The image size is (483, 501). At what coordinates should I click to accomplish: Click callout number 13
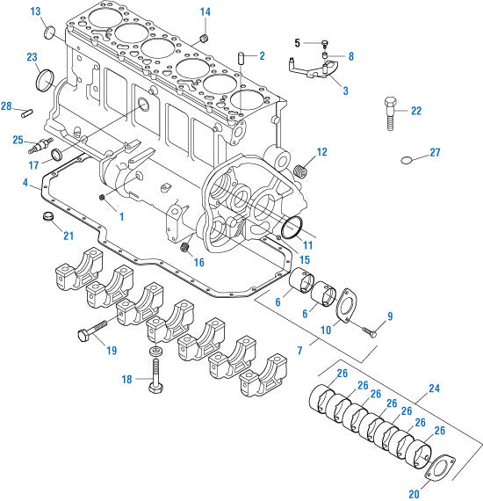pyautogui.click(x=35, y=11)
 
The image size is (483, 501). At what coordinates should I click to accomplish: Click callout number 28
pyautogui.click(x=7, y=106)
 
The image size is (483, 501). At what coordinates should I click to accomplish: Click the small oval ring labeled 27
pyautogui.click(x=407, y=160)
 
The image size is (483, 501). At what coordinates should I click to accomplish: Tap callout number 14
pyautogui.click(x=205, y=11)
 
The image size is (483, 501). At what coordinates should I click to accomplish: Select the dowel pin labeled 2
pyautogui.click(x=239, y=58)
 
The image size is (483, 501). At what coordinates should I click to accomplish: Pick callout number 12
pyautogui.click(x=322, y=152)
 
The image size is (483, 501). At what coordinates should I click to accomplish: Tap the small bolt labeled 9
pyautogui.click(x=368, y=332)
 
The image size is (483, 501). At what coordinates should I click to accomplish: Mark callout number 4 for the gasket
pyautogui.click(x=26, y=184)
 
